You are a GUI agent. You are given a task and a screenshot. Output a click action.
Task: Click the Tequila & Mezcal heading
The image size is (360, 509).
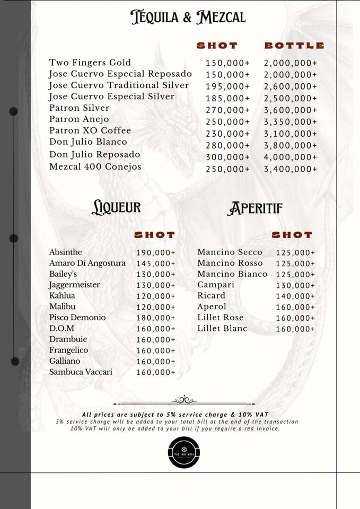(188, 17)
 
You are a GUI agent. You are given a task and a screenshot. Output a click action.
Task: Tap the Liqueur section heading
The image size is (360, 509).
(116, 207)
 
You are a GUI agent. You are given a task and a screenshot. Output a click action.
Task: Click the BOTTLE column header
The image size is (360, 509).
(294, 46)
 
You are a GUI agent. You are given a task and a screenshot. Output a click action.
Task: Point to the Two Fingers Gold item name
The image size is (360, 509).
(90, 63)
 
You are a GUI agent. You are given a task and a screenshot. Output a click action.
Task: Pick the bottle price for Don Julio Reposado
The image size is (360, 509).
(291, 157)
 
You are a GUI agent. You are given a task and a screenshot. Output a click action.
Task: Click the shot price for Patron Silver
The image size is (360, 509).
(227, 110)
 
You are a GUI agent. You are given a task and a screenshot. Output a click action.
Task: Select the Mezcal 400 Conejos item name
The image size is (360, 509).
(95, 167)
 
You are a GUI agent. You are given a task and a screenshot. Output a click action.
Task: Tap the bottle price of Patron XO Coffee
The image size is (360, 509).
(291, 134)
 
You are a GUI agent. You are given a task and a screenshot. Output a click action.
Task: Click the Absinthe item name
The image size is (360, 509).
(66, 252)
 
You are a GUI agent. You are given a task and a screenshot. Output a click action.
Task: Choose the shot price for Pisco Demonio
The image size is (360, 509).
(155, 318)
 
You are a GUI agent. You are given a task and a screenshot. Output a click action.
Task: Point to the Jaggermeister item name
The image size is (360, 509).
(75, 285)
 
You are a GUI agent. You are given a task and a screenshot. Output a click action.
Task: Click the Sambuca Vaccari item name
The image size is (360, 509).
(81, 372)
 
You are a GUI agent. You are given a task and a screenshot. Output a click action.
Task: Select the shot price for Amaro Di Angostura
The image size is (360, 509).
(155, 264)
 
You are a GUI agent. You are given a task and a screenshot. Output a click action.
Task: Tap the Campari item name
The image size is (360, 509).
(216, 285)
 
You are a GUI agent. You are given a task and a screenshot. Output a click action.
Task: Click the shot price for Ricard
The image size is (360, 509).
(295, 296)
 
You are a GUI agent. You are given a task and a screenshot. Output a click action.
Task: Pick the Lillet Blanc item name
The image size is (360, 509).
(222, 329)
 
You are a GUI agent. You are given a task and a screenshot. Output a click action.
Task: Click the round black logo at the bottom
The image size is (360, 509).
(183, 452)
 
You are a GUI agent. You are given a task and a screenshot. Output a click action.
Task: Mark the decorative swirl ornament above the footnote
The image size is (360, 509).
(184, 400)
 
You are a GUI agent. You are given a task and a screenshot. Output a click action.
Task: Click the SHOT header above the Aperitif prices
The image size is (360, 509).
(292, 235)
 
